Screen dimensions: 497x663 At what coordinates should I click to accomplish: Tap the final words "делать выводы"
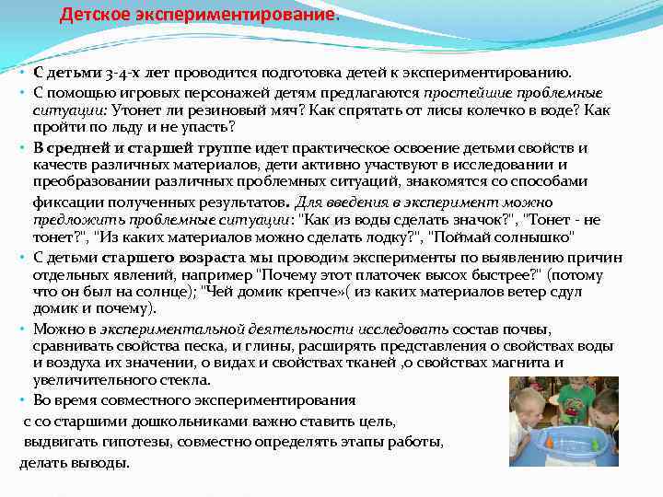75,462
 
